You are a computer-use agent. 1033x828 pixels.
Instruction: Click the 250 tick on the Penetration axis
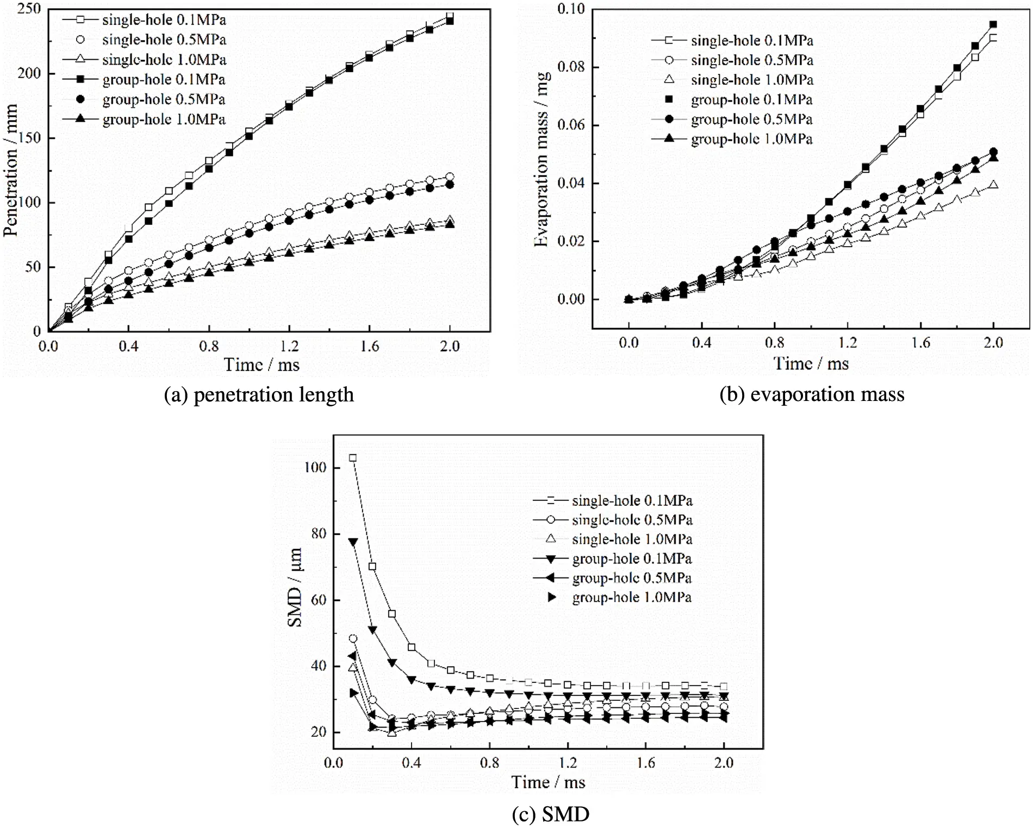pyautogui.click(x=29, y=9)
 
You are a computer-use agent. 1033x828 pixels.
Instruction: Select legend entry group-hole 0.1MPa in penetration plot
pyautogui.click(x=164, y=80)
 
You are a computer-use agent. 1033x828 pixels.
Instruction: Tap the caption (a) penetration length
pyautogui.click(x=259, y=395)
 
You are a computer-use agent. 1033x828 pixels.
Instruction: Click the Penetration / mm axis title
pyautogui.click(x=11, y=170)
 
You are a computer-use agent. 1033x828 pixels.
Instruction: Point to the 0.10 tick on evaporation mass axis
pyautogui.click(x=571, y=9)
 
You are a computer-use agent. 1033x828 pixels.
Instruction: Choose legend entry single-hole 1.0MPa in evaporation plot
pyautogui.click(x=751, y=80)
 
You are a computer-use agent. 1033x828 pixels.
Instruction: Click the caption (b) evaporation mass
pyautogui.click(x=812, y=394)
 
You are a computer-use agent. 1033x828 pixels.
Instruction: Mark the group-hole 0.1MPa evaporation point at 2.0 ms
pyautogui.click(x=993, y=24)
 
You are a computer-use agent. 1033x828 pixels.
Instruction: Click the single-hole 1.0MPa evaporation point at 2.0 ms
pyautogui.click(x=993, y=185)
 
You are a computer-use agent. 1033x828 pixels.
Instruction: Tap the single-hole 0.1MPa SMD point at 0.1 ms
pyautogui.click(x=353, y=458)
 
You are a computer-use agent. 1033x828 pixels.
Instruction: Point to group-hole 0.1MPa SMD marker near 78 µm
pyautogui.click(x=353, y=542)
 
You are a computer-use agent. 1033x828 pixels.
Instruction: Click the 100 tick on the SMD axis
pyautogui.click(x=315, y=468)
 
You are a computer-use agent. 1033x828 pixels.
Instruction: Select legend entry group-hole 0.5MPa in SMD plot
pyautogui.click(x=631, y=578)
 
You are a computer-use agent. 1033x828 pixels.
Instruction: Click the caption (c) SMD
pyautogui.click(x=550, y=814)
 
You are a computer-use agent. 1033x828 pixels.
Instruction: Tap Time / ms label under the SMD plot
pyautogui.click(x=548, y=782)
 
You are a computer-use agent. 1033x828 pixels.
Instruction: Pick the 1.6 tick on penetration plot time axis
pyautogui.click(x=370, y=347)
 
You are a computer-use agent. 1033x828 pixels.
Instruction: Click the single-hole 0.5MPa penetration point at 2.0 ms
pyautogui.click(x=450, y=177)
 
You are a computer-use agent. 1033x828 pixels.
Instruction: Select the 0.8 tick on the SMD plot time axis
pyautogui.click(x=489, y=763)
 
